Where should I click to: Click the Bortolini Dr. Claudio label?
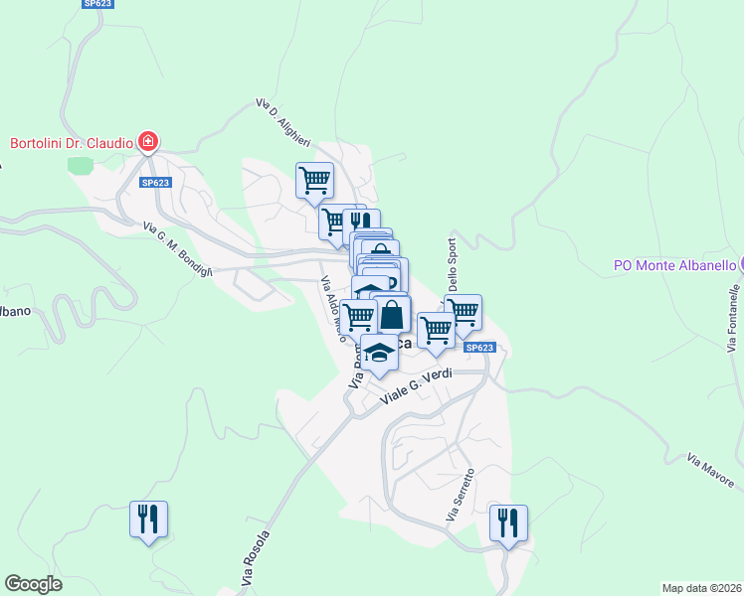coord(71,143)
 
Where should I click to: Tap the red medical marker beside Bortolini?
coord(148,143)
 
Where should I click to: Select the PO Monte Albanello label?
coord(674,265)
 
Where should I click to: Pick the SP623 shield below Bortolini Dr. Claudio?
coord(156,183)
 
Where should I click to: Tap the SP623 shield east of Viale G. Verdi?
coord(479,348)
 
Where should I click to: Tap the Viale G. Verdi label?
coord(419,387)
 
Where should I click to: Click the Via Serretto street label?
coord(460,497)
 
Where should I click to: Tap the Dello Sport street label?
coord(454,269)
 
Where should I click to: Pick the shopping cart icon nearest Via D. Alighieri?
coord(314,180)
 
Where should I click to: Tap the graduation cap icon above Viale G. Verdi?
coord(378,353)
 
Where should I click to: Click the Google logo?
coord(33,583)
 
